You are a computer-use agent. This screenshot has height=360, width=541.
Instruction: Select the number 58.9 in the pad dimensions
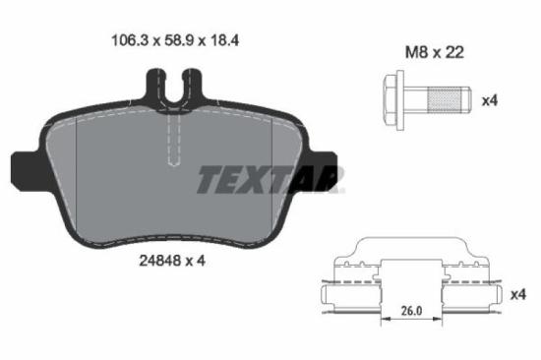point(170,40)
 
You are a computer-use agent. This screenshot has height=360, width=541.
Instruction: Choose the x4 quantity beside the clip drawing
point(517,293)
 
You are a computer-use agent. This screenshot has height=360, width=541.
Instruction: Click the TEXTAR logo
point(270,180)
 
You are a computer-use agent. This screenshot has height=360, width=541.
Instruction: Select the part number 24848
point(146,262)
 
